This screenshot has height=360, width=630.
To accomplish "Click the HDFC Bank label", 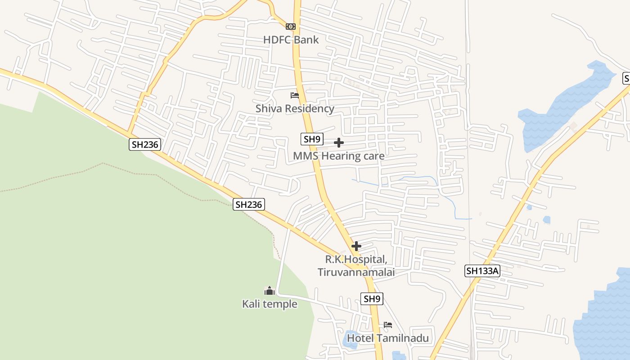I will (x=291, y=40).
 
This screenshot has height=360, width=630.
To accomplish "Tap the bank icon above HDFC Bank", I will (x=291, y=27).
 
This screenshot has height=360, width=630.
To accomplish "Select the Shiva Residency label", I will (x=295, y=108).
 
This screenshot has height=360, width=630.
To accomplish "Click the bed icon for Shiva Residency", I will (x=295, y=95).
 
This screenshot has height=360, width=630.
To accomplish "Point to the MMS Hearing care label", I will (x=338, y=156).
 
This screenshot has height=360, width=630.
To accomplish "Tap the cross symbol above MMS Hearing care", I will (x=339, y=143).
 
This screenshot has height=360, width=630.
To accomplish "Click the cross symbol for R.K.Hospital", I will (x=356, y=246).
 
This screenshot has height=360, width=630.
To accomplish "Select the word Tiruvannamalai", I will (x=356, y=272).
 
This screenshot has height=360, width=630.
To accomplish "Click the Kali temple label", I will (x=270, y=304).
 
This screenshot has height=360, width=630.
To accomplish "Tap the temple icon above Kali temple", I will (x=270, y=291).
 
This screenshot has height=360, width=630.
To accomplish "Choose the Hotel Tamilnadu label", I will (x=387, y=338).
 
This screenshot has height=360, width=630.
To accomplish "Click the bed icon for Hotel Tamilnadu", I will (x=388, y=325).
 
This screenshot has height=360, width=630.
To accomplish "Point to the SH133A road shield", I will (x=482, y=271).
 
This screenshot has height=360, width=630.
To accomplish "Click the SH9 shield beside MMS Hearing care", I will (x=312, y=139).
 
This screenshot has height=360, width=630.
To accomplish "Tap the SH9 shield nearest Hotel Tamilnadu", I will (x=372, y=298).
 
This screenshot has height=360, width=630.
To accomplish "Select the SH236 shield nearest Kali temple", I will (x=248, y=204).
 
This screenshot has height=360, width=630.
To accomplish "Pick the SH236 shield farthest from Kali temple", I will (x=145, y=144).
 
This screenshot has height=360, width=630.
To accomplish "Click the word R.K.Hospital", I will (x=356, y=260).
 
